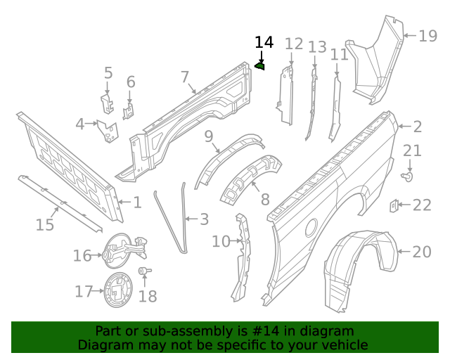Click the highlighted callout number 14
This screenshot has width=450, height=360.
(x=264, y=43)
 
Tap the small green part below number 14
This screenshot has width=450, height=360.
(x=259, y=66)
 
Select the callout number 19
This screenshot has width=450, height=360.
(x=428, y=36)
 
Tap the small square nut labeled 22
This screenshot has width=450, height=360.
(x=395, y=205)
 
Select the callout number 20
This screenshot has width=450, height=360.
(x=422, y=251)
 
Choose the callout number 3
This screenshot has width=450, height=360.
(x=204, y=219)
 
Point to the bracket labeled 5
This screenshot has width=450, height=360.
(x=106, y=104)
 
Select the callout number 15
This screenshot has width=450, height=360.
(x=44, y=225)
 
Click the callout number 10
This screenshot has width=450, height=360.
(x=221, y=241)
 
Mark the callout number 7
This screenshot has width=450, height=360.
(x=185, y=77)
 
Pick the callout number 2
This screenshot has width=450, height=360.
(x=417, y=127)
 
